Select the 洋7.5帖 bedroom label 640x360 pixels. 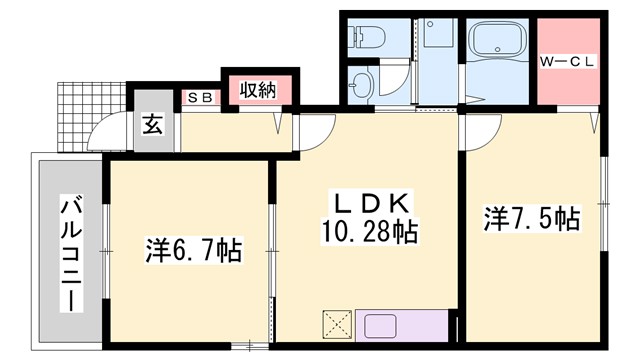click(x=532, y=218)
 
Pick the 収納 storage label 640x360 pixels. click(x=257, y=90)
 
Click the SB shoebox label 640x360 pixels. click(x=199, y=97)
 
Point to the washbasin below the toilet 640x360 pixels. click(x=362, y=83)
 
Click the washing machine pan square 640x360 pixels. click(x=437, y=38)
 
